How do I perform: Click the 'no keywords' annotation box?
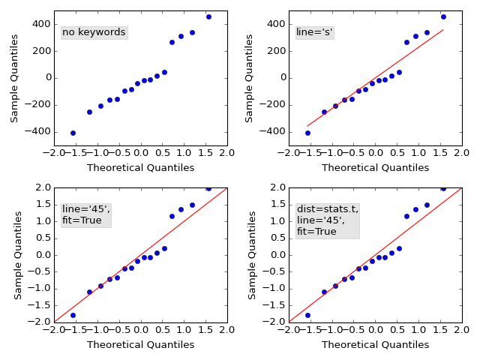(x=94, y=32)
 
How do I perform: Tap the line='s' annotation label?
(x=315, y=32)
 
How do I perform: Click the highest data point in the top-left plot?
(x=208, y=16)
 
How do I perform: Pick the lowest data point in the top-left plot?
(x=73, y=133)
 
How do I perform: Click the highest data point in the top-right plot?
(x=443, y=16)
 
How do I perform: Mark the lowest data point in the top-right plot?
(x=307, y=133)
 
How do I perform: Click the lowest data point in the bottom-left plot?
(x=73, y=315)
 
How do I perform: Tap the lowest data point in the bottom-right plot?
(x=307, y=315)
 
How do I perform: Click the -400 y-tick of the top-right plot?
(x=272, y=131)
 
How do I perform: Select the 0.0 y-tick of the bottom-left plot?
(x=40, y=255)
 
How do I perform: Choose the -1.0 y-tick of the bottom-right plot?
(x=274, y=288)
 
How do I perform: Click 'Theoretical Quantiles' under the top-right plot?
(x=376, y=168)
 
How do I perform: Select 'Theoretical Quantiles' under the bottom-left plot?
(x=140, y=345)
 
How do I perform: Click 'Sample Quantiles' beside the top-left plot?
(x=15, y=78)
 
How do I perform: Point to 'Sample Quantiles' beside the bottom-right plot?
(x=253, y=255)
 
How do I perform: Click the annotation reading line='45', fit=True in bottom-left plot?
(x=85, y=214)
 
